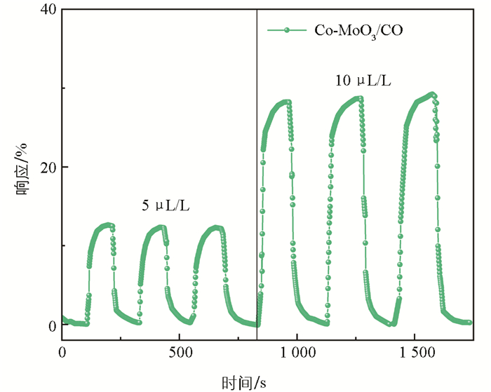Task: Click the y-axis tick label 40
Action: point(48,10)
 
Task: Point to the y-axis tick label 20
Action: point(48,168)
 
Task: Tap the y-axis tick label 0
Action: point(52,325)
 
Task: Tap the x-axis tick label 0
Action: point(62,352)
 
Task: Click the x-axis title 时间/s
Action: point(244,382)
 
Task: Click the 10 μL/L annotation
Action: point(363,81)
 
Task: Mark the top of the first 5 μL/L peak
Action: point(107,225)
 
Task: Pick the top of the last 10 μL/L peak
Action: point(431,94)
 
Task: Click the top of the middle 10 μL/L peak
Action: point(359,98)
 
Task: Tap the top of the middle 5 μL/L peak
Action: point(161,227)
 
